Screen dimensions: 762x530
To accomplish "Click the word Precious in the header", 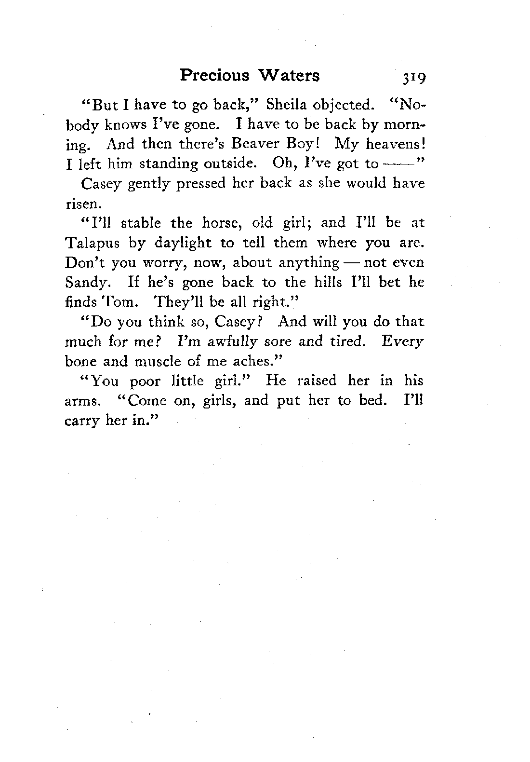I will coord(214,76).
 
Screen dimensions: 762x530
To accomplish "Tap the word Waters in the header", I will coord(289,76).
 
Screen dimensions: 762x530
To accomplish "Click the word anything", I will coord(309,263).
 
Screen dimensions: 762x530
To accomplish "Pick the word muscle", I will coord(157,361).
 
